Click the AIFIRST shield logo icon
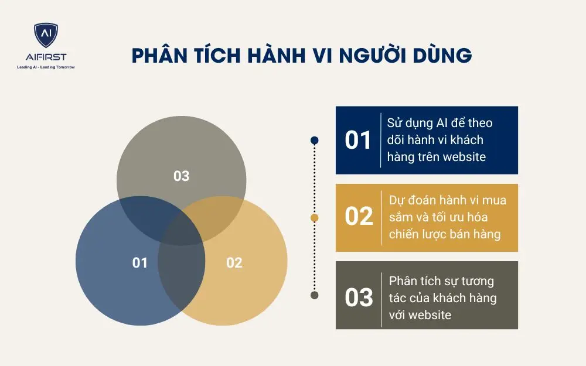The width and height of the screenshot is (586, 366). (46, 35)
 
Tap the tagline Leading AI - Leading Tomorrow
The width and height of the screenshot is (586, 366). (46, 67)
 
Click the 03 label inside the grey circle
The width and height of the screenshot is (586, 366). (182, 176)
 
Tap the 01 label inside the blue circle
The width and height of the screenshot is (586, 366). (140, 263)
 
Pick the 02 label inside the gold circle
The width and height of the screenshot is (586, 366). (234, 263)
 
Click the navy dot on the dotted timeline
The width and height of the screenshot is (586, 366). (315, 140)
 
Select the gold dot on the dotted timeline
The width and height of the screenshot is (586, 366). (315, 218)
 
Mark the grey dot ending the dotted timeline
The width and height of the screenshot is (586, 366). (315, 295)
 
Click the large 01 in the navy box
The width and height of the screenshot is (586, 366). (358, 141)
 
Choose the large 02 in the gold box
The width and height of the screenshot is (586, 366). (359, 217)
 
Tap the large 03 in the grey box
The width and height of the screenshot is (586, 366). (359, 297)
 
